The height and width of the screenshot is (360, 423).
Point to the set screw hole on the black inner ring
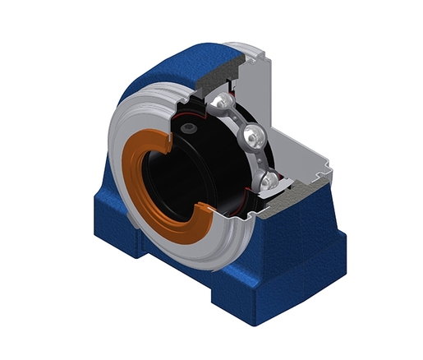coord(191,129)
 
